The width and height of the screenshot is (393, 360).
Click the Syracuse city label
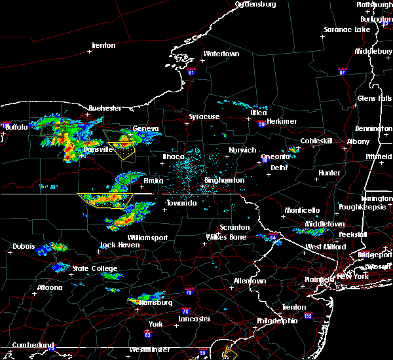point(204,117)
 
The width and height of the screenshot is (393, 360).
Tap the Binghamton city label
point(223,180)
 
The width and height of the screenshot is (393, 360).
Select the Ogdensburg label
point(255,4)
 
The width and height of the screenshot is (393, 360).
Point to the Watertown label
point(221,54)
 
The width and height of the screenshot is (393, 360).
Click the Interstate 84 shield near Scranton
point(272,237)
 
